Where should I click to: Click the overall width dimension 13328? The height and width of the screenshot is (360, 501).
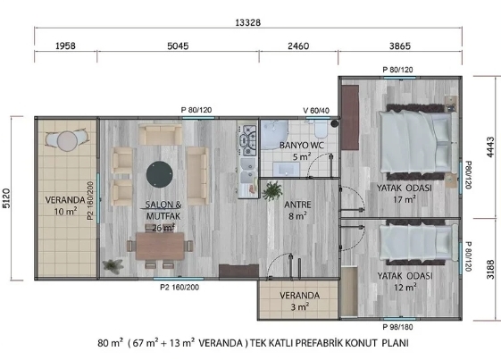pos(248,22)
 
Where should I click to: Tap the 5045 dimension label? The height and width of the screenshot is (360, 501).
pos(178,46)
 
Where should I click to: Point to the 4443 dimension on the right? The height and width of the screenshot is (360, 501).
pos(490,147)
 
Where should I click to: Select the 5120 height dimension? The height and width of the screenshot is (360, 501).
pos(7,198)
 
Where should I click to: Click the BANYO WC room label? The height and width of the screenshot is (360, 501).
pos(302,146)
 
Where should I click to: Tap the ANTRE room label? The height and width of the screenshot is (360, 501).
pos(297,205)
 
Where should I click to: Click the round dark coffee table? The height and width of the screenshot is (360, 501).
pos(160,174)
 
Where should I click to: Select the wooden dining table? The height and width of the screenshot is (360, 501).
pos(160,246)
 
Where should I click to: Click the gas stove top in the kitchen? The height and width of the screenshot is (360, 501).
pos(249,140)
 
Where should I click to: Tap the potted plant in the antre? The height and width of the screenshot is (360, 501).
pos(272,191)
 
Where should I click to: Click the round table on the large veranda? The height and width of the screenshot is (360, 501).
pos(67,141)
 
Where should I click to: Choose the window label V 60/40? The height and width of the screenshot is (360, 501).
pos(316,111)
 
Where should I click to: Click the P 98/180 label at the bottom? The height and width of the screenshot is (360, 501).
pos(397,327)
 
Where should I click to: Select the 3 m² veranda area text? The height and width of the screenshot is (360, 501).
pos(300,307)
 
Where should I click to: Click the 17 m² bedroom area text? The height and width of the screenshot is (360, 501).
pos(405,199)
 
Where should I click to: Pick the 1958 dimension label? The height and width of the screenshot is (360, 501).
pos(65,46)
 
